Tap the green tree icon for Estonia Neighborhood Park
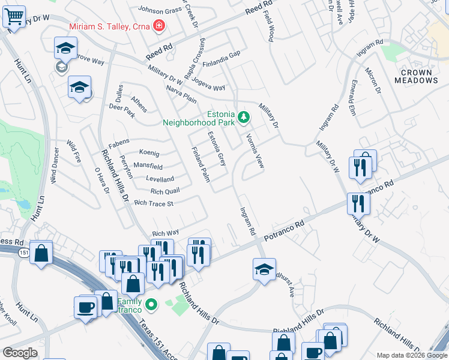click(243, 116)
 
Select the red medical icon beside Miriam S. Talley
click(158, 26)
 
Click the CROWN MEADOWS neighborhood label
click(417, 76)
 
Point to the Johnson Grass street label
click(160, 10)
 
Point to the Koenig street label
click(149, 152)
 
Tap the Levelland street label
click(160, 179)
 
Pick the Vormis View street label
click(255, 150)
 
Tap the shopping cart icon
click(14, 16)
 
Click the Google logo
click(20, 353)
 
